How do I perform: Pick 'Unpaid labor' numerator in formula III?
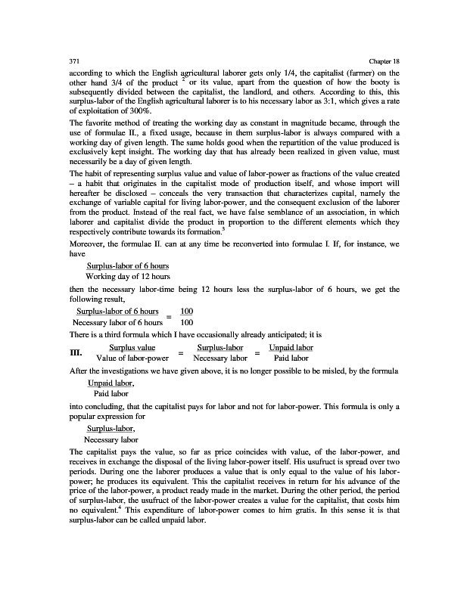[291, 346]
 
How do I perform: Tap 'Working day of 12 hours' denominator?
[127, 276]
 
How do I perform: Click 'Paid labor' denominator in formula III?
[291, 358]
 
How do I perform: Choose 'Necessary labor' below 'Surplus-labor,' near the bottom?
[111, 439]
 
